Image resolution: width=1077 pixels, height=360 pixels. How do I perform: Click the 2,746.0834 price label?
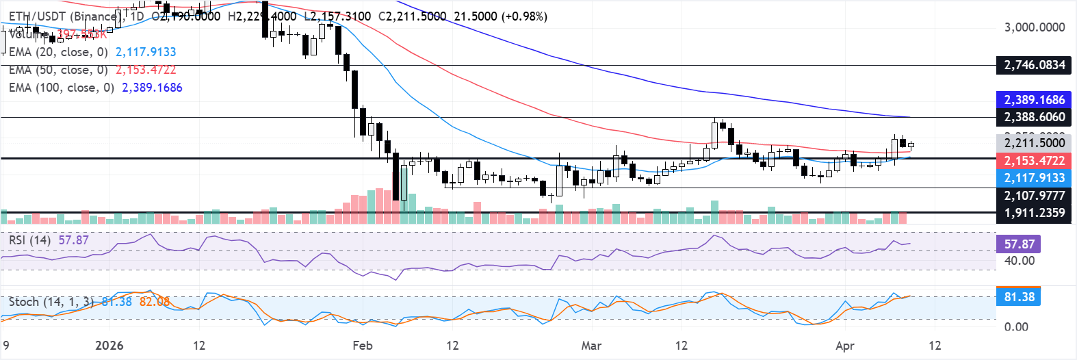pos(1034,65)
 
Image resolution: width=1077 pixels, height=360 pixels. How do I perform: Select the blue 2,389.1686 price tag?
pos(1034,100)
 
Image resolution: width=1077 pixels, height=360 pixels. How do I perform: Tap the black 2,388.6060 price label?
pos(1034,117)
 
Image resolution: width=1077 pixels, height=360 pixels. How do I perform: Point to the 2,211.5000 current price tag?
pos(1034,143)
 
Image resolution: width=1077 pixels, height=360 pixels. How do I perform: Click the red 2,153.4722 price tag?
pos(1034,161)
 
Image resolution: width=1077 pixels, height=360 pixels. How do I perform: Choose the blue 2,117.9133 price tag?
pos(1034,178)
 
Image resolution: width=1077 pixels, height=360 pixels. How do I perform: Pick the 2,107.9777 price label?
pos(1034,196)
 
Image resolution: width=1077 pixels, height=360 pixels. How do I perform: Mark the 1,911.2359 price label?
pos(1034,213)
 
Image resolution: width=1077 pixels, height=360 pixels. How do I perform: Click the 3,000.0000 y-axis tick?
pos(1034,27)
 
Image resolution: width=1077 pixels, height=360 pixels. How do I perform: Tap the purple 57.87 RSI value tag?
pos(1019,244)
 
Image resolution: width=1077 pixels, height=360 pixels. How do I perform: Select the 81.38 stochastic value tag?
pos(1019,297)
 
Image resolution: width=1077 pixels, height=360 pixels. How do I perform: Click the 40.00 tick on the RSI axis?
pos(1019,261)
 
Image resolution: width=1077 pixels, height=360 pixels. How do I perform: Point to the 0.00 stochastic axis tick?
pos(1015,326)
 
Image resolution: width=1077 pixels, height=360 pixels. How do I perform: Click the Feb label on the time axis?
pos(363,346)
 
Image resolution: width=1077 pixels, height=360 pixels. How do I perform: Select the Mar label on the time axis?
pos(591,346)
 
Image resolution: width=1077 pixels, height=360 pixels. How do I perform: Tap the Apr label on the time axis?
pos(845,346)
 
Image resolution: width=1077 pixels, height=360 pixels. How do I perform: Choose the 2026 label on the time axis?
pos(109,346)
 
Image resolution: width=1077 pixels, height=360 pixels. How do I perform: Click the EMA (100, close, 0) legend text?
pos(62,88)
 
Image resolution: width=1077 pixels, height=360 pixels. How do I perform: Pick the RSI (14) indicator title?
pos(29,240)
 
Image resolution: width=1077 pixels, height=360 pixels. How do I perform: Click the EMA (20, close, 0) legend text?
pos(58,52)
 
